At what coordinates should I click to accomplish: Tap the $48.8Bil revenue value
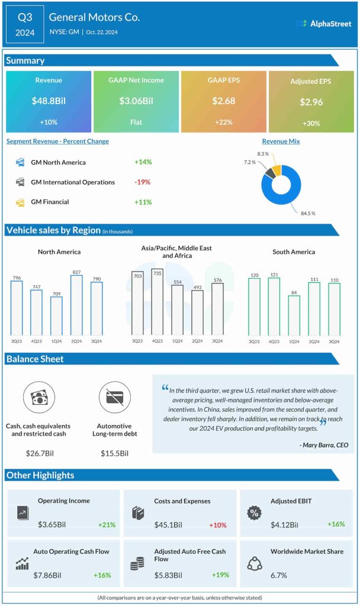(49, 101)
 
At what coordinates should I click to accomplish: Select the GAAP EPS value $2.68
(224, 101)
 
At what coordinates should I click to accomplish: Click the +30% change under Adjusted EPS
(311, 123)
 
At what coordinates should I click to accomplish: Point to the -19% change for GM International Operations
(143, 182)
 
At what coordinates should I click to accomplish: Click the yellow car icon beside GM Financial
(20, 202)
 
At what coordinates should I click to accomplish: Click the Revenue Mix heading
(281, 141)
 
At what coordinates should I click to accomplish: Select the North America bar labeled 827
(76, 305)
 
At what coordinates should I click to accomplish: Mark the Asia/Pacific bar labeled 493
(198, 312)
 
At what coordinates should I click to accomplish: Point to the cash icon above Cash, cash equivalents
(37, 398)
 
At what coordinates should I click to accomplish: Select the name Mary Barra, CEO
(324, 444)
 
